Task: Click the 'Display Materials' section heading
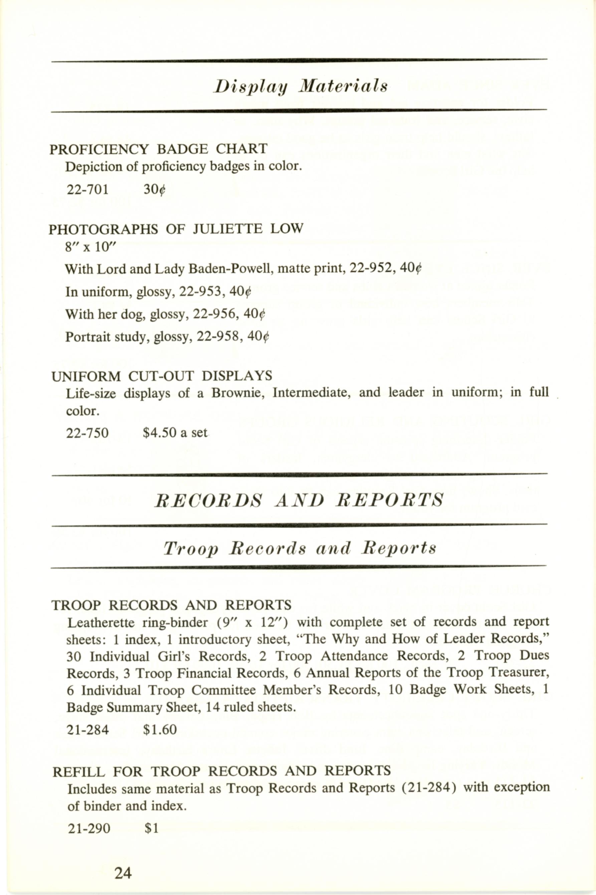point(300,86)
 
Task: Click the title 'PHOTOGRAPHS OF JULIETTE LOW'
point(176,229)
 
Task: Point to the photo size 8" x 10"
point(90,247)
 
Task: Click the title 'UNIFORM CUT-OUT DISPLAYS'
point(162,376)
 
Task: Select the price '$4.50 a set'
point(175,433)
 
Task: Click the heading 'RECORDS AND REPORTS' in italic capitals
point(299,500)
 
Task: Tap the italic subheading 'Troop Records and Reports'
point(300,548)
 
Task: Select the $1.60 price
point(160,730)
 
